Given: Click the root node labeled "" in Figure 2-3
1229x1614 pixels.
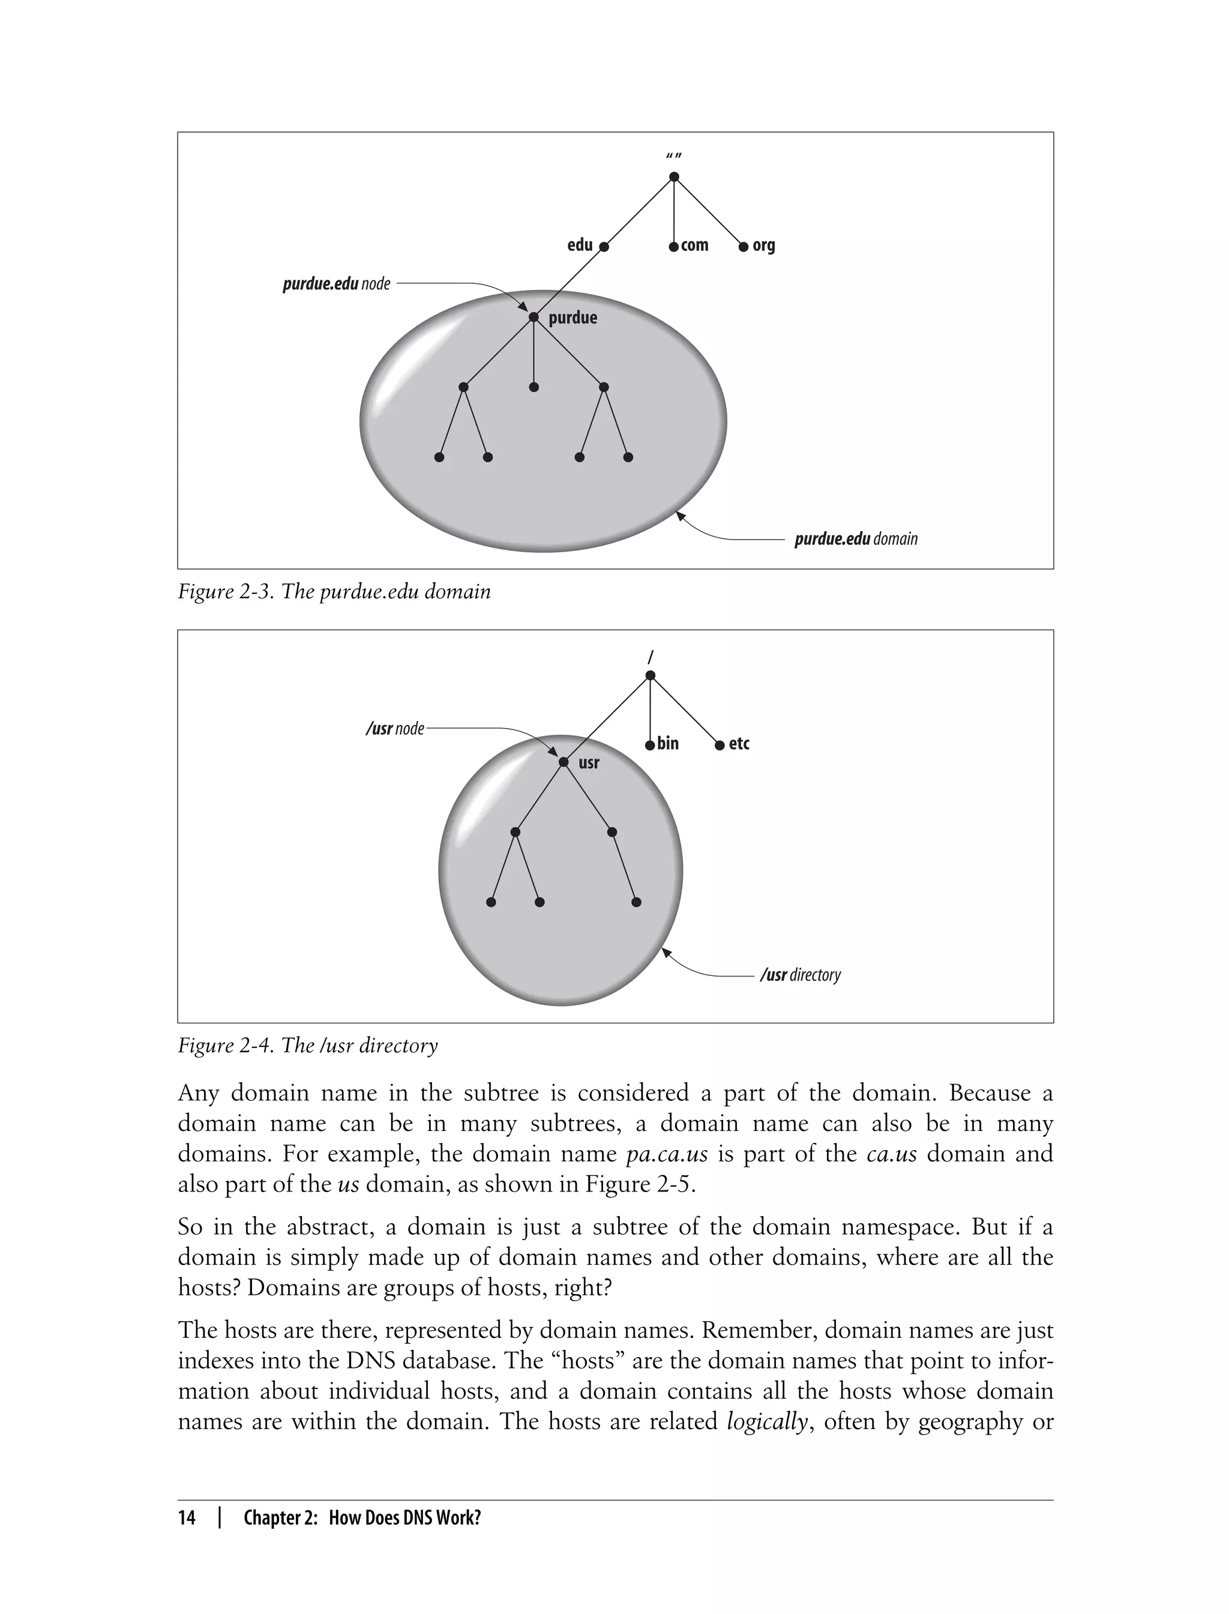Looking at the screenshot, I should pos(674,177).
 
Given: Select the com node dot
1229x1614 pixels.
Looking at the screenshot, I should pos(674,247).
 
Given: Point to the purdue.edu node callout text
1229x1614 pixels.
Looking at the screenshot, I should pos(337,284).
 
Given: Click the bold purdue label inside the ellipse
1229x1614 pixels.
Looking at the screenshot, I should pos(573,318).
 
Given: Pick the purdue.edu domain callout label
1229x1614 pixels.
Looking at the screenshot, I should pos(855,539).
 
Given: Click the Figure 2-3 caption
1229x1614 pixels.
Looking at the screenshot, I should pos(334,591).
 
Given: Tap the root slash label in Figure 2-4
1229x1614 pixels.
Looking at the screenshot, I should pos(651,657).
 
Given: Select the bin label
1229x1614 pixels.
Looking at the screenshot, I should pos(668,743).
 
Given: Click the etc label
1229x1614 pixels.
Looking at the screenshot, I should pos(739,743).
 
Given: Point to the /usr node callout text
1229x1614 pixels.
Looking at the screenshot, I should pos(394,729).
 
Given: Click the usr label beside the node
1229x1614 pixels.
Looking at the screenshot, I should pos(589,763).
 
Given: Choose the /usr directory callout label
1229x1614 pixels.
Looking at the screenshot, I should pos(801,975).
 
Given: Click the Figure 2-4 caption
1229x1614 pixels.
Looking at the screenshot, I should pos(307,1046).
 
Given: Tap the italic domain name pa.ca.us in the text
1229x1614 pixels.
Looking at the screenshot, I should pos(667,1154).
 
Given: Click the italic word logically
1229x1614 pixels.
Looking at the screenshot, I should pos(767,1421).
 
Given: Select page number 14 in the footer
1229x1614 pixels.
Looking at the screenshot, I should pos(187,1517).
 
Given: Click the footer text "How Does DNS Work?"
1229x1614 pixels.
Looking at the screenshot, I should pos(404,1517).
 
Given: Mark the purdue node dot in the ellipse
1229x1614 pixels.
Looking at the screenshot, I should pos(533,317).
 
